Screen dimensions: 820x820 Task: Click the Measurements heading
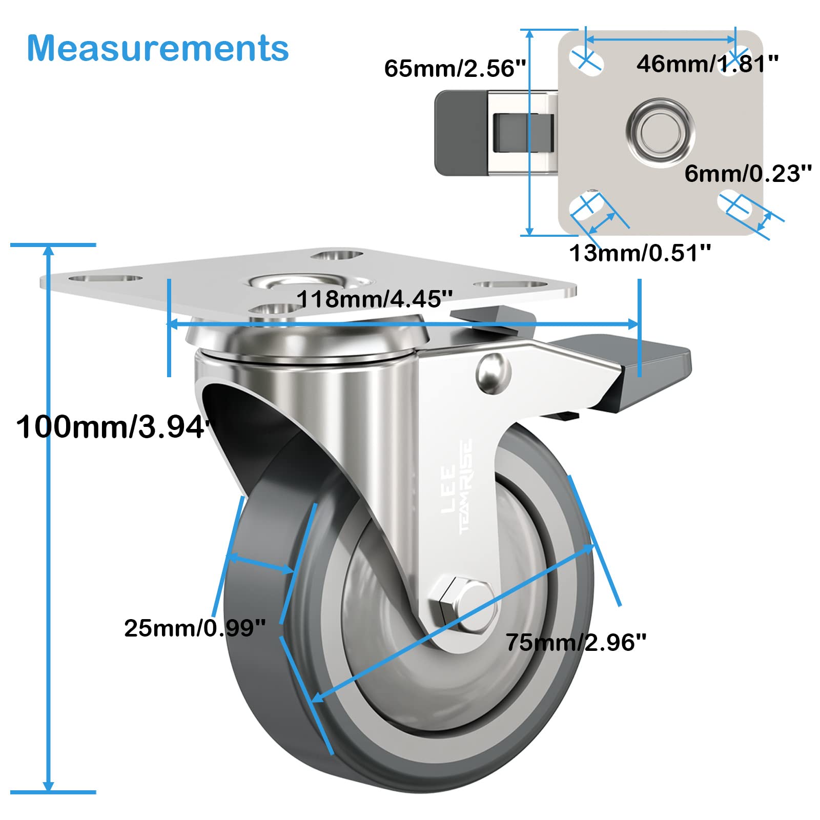pos(158,48)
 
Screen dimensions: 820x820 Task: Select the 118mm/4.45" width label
pos(375,299)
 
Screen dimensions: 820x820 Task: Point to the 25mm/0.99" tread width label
pos(195,628)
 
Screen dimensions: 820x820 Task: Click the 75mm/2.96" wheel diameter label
pos(576,642)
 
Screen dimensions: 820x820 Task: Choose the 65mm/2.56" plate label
pos(455,68)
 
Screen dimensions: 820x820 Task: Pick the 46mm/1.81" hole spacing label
pos(707,64)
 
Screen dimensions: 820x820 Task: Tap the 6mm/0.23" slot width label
pos(748,174)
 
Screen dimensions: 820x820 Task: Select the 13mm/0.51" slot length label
pos(640,253)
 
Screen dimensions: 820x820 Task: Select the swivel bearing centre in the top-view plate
pos(661,132)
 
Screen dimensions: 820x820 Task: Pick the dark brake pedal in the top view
pos(460,133)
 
